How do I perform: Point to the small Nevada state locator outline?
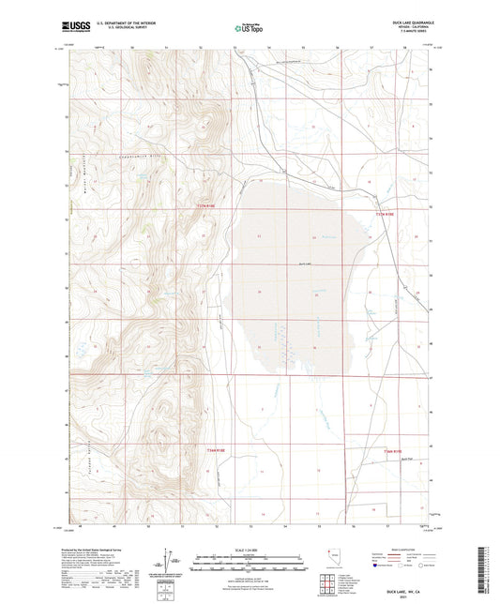(x=329, y=557)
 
